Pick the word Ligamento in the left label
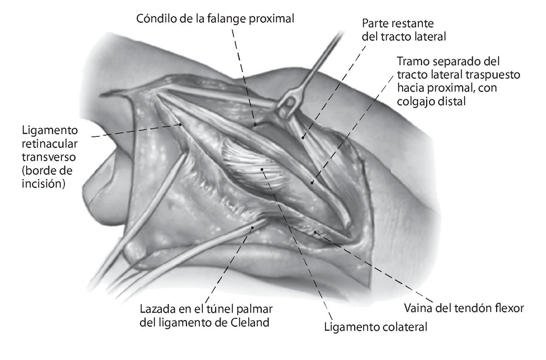pyautogui.click(x=50, y=130)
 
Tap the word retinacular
pyautogui.click(x=50, y=144)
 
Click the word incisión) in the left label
pyautogui.click(x=44, y=184)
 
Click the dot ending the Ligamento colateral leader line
pyautogui.click(x=262, y=169)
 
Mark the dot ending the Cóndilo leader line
pyautogui.click(x=255, y=125)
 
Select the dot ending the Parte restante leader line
pyautogui.click(x=303, y=138)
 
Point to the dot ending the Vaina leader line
pyautogui.click(x=315, y=232)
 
